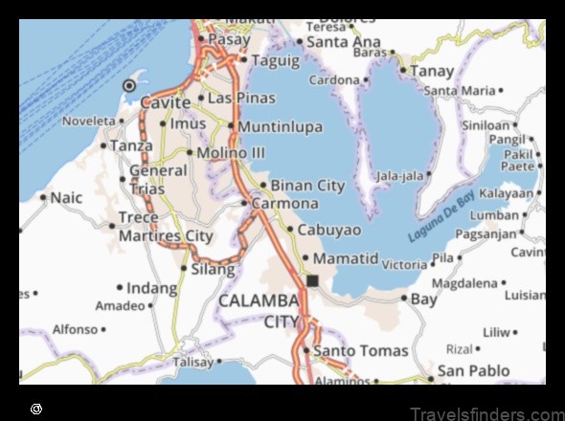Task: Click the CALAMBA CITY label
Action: [260, 311]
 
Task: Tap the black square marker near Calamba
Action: [312, 280]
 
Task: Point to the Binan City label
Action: [307, 185]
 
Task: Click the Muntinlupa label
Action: [279, 126]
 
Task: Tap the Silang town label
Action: [213, 269]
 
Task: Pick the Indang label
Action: [152, 287]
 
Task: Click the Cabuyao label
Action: [329, 230]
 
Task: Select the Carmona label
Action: [285, 204]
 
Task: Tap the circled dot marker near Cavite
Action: [129, 86]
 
